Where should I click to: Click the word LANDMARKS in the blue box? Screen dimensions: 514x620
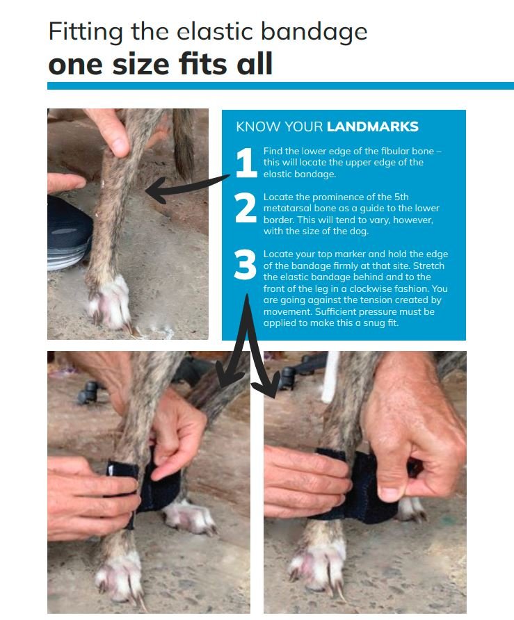point(372,127)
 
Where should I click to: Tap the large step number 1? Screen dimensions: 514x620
point(246,162)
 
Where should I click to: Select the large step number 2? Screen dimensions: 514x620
point(246,208)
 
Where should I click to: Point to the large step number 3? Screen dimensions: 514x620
point(246,265)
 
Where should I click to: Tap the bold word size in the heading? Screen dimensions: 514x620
point(140,65)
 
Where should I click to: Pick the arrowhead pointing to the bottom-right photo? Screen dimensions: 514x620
point(268,384)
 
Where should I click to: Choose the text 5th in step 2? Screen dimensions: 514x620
point(401,197)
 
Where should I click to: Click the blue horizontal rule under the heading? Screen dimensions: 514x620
point(280,85)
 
